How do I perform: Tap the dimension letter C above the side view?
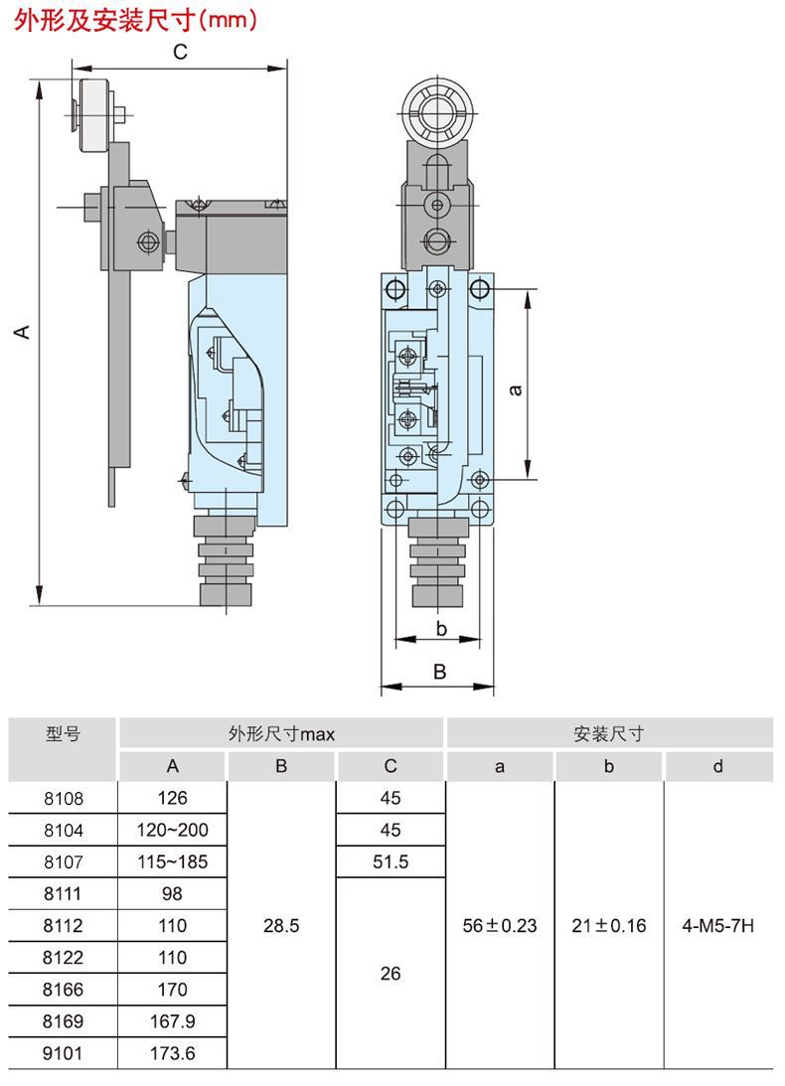180,53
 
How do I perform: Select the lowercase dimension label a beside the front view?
515,389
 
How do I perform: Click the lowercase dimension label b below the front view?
441,628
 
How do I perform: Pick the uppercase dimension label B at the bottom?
439,672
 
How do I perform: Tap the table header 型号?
63,734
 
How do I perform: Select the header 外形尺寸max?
281,734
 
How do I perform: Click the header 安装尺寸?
609,734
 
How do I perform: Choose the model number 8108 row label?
63,798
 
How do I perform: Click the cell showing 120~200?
172,830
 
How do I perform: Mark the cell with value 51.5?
391,861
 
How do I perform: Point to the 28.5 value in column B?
281,925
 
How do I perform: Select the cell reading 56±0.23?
500,925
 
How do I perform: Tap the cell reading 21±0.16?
609,925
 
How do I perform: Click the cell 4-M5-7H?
718,925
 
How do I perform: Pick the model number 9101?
63,1052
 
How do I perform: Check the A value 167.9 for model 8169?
172,1020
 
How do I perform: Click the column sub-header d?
718,766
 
